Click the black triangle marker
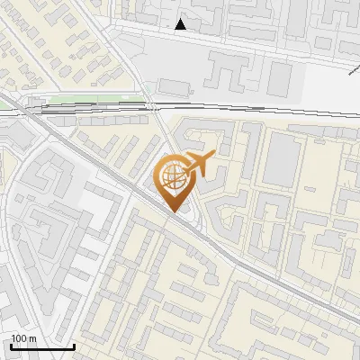click(x=181, y=24)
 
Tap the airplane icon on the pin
click(x=199, y=164)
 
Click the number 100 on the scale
click(x=20, y=338)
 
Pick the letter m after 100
click(x=32, y=338)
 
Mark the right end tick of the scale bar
click(x=74, y=346)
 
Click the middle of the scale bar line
click(x=41, y=348)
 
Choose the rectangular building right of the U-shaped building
click(x=279, y=79)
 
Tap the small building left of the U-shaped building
click(x=173, y=86)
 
